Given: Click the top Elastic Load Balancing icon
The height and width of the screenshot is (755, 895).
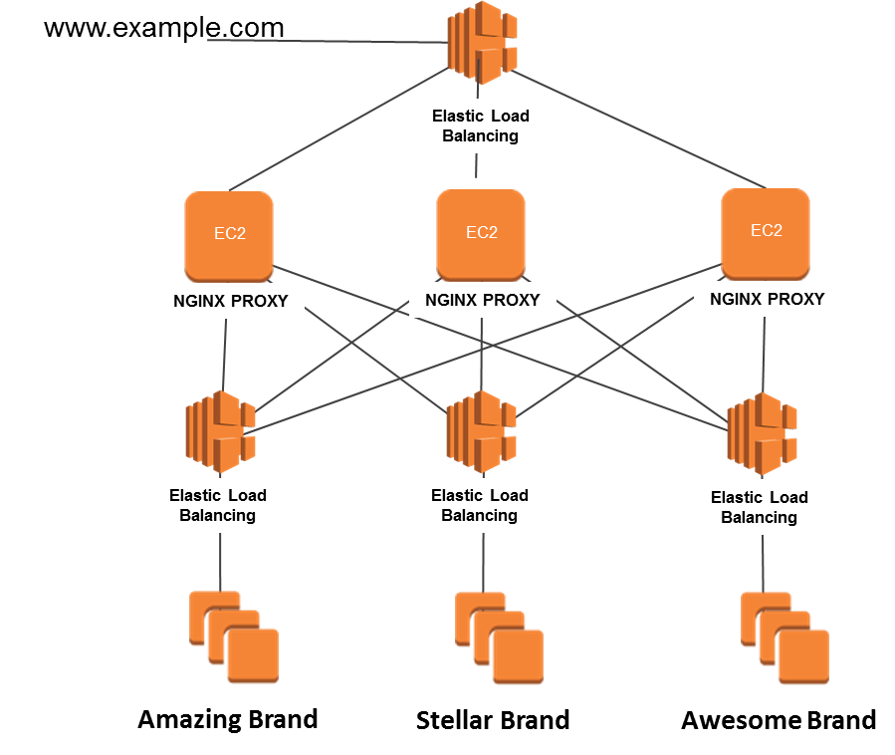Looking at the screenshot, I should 482,42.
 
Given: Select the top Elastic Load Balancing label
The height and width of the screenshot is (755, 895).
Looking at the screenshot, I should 481,126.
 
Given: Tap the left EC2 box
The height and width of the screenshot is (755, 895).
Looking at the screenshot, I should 229,235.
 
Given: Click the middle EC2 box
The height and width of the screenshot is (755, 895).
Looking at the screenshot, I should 481,233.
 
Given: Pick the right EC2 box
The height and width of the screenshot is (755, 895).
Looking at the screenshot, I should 765,232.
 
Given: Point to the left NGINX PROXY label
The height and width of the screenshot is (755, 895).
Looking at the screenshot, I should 231,301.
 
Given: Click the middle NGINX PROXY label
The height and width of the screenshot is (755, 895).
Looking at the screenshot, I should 483,300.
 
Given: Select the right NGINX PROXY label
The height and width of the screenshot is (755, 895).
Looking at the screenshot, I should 767,299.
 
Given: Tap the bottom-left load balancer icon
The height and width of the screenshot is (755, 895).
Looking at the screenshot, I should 220,431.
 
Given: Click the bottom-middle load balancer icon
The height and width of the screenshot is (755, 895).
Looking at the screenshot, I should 482,431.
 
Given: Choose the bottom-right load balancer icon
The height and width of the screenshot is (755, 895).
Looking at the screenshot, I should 763,433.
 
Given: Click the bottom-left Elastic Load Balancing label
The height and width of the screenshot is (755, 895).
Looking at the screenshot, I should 218,505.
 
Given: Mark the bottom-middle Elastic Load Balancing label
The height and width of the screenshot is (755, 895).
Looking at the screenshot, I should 479,505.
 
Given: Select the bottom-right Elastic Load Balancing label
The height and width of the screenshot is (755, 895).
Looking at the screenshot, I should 760,507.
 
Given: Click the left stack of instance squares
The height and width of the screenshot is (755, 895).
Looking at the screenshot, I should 234,637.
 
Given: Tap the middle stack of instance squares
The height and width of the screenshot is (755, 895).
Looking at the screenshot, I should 499,638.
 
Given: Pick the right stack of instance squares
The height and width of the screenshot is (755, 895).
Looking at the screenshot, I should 784,638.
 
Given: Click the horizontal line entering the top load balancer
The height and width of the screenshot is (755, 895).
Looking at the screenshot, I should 319,42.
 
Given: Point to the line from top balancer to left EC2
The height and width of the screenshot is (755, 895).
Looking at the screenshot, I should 338,129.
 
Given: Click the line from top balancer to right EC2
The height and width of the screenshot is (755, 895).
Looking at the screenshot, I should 637,129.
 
